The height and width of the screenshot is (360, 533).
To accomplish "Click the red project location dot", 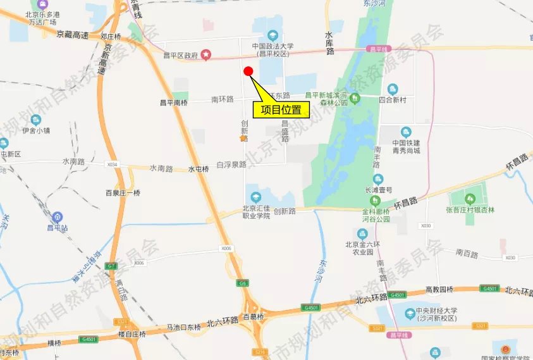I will click(248, 71).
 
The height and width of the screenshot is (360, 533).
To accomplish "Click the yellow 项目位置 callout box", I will click(281, 110).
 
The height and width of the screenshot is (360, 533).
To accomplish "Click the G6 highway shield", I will click(243, 283).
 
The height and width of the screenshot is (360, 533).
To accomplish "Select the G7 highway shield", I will click(112, 265).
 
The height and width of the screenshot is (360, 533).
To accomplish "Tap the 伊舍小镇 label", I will click(35, 131).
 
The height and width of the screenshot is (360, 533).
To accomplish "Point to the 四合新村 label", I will click(393, 99).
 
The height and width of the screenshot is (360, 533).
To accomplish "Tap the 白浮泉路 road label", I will click(231, 164).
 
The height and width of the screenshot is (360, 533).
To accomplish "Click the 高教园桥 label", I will click(439, 289).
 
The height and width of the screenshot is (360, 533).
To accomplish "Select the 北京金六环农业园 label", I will click(362, 246).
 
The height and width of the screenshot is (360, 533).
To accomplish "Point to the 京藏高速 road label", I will click(72, 35).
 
